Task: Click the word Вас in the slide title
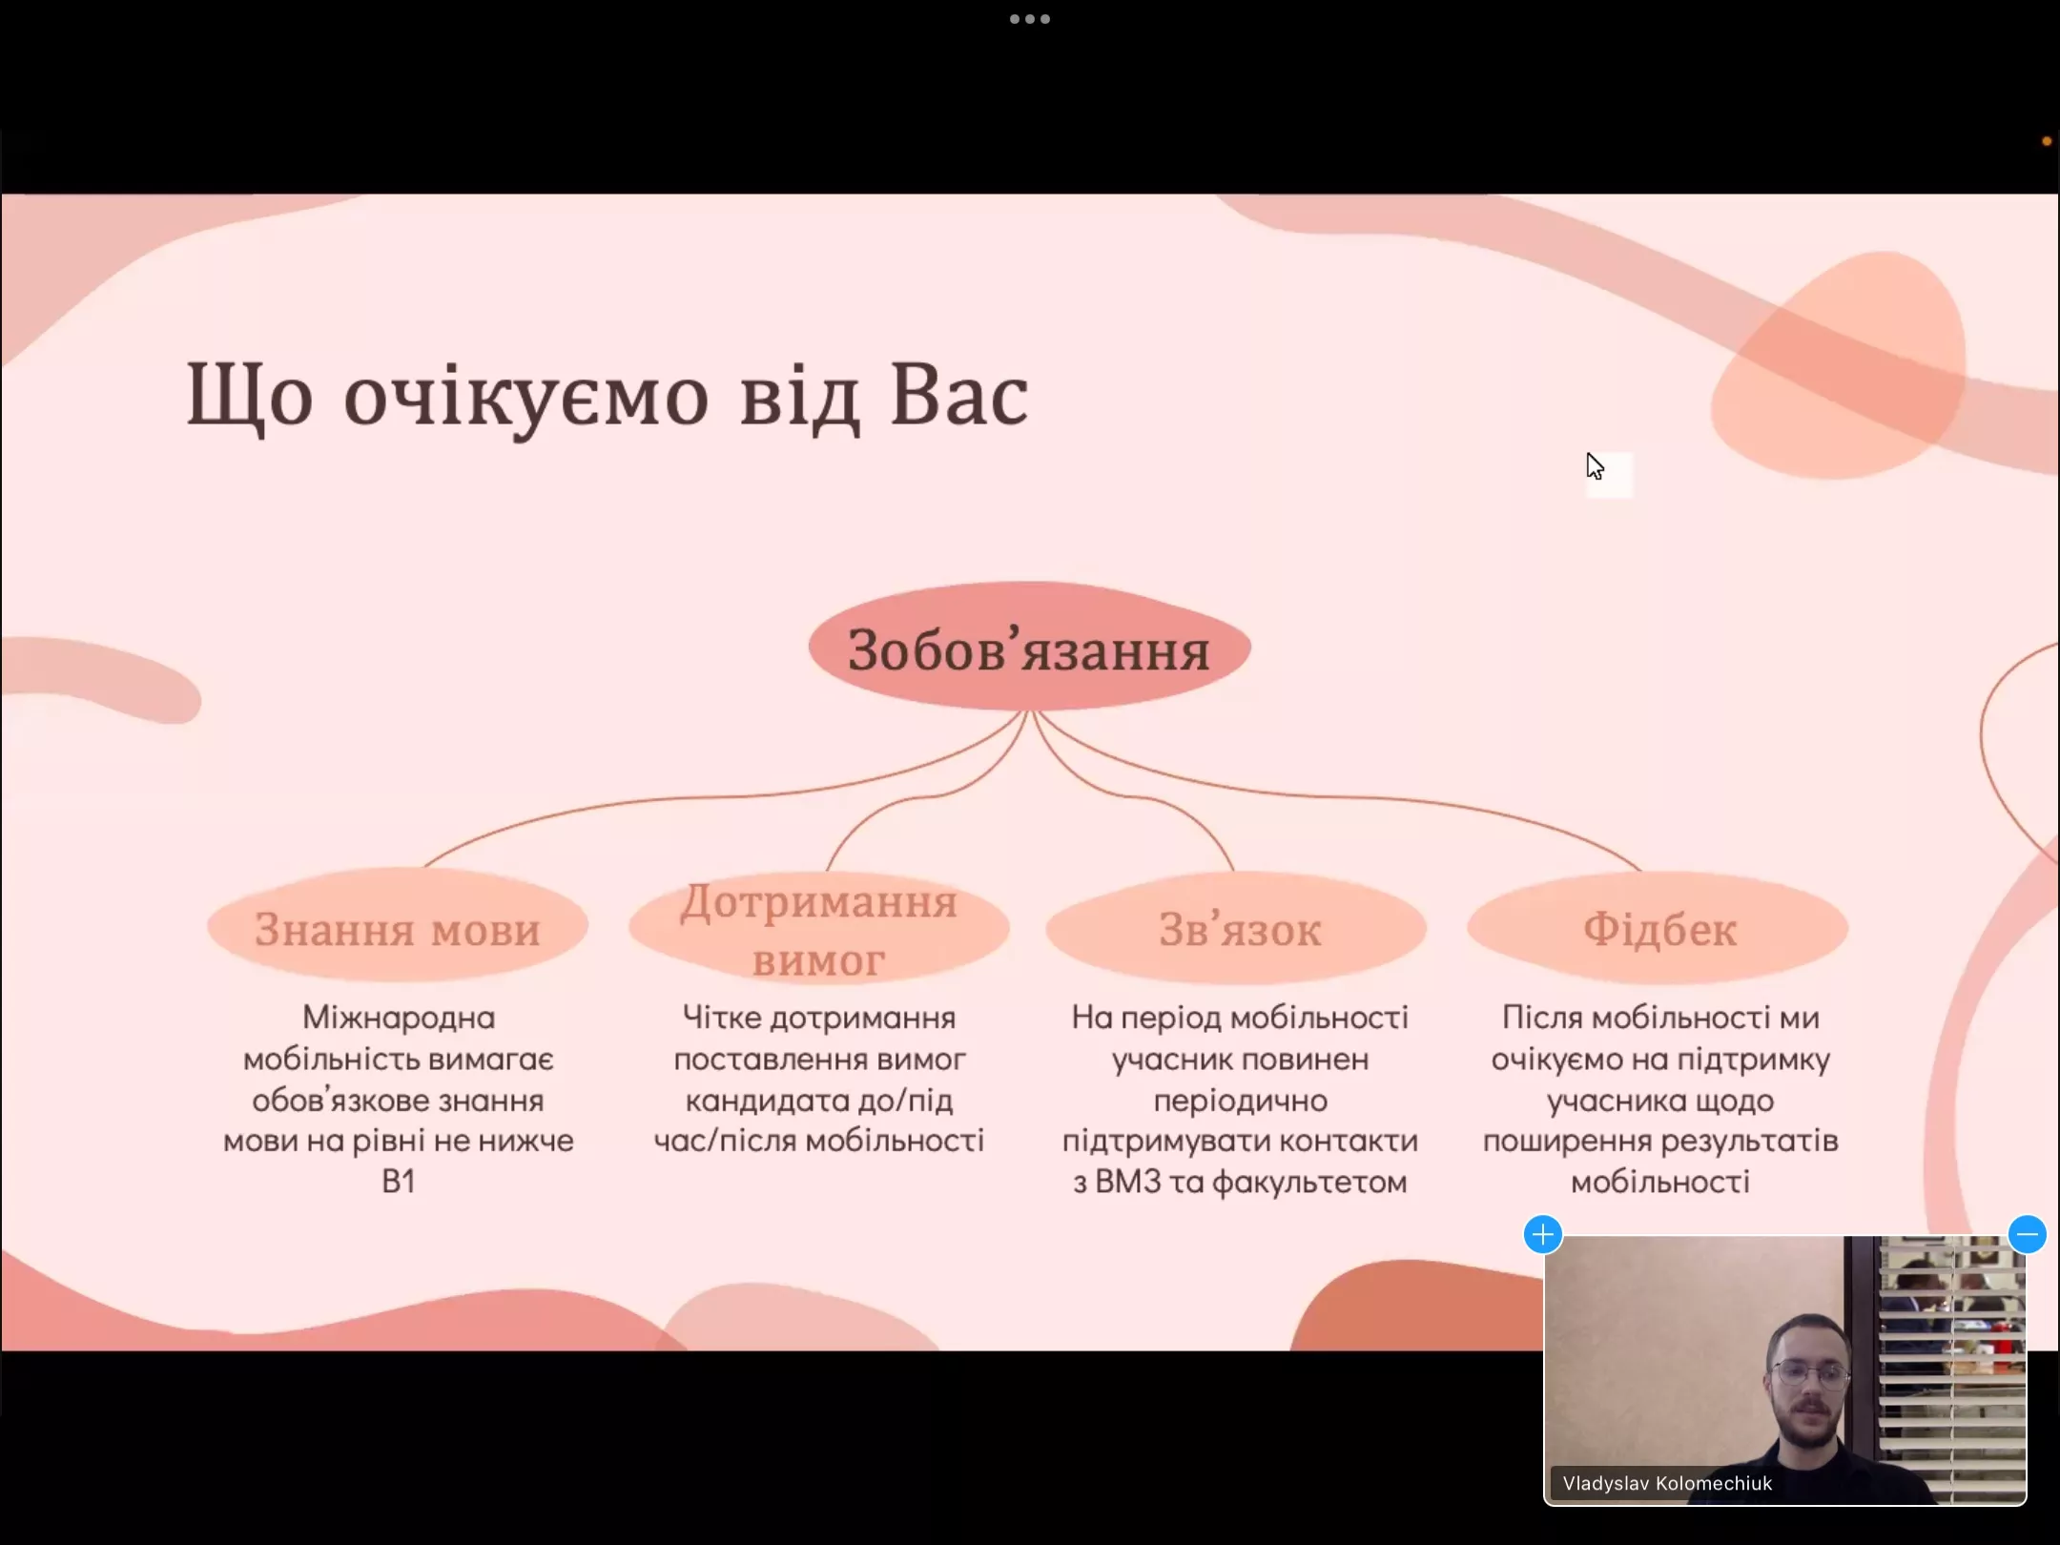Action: (x=958, y=396)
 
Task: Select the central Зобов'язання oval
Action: (x=1029, y=649)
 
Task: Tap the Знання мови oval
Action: (x=398, y=928)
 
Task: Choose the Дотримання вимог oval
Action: (x=818, y=928)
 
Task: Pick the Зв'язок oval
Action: (x=1238, y=928)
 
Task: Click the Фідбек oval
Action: (x=1658, y=928)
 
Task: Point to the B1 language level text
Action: (x=398, y=1183)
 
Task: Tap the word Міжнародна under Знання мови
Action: (x=399, y=1018)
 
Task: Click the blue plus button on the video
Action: (x=1542, y=1234)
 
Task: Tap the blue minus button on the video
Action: (x=2027, y=1234)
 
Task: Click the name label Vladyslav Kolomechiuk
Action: (x=1666, y=1483)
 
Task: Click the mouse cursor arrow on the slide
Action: (x=1594, y=465)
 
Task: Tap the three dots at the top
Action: (x=1029, y=19)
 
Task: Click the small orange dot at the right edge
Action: (x=2046, y=141)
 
